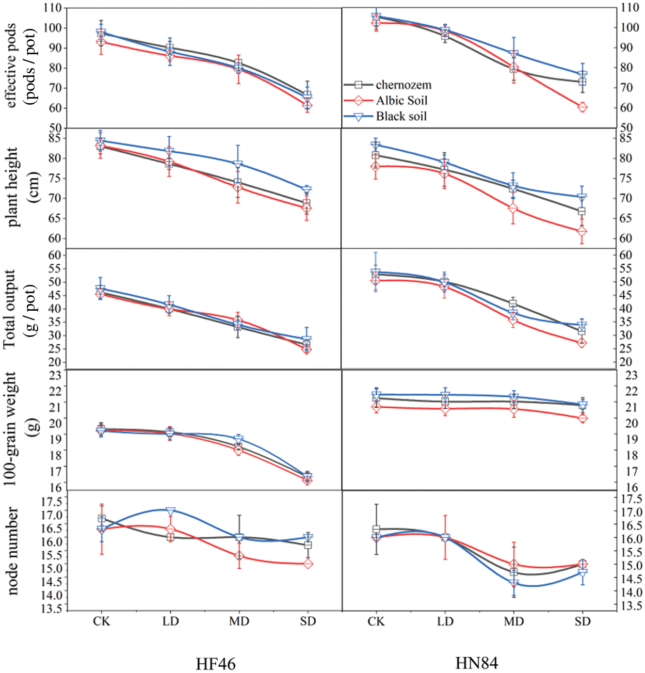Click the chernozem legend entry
(403, 85)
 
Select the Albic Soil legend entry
(401, 101)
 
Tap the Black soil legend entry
(401, 116)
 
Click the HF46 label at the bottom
(215, 664)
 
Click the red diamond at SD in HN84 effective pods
(583, 107)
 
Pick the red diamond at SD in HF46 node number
(308, 564)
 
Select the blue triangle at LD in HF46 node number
(171, 511)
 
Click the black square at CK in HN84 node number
(376, 530)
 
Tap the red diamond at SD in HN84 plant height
(583, 231)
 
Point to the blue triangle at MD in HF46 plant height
(238, 165)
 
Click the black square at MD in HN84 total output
(513, 303)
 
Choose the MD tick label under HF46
(239, 621)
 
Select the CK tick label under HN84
(376, 621)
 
